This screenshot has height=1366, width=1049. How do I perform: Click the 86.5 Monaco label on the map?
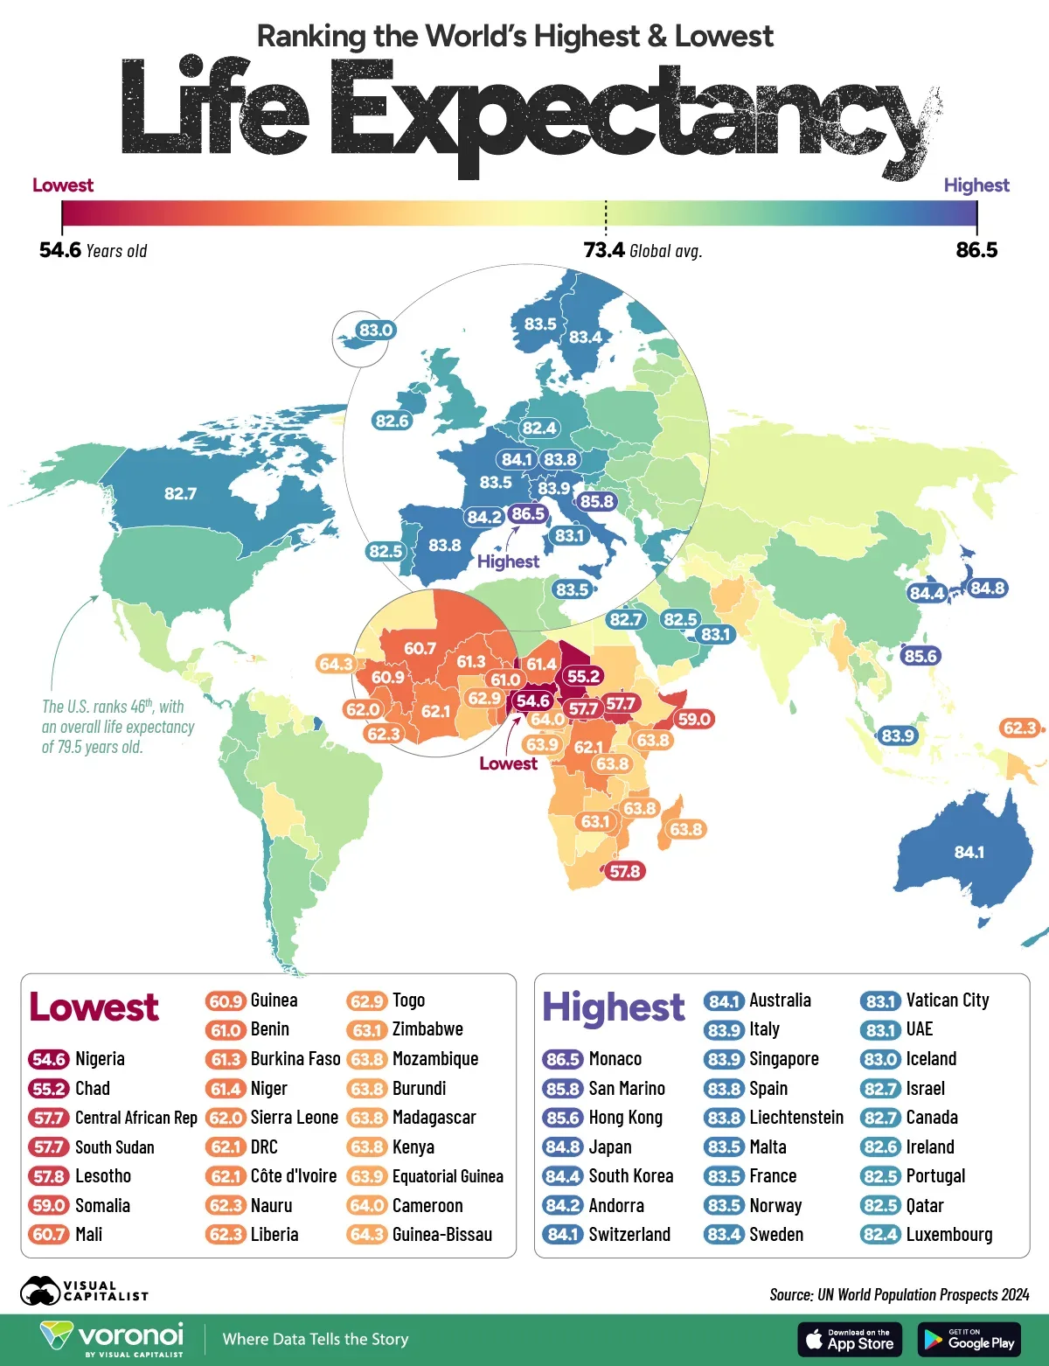(527, 514)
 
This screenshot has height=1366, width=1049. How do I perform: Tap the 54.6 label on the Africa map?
(532, 700)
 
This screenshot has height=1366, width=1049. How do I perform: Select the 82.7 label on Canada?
(180, 494)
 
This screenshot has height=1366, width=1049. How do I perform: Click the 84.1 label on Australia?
(969, 852)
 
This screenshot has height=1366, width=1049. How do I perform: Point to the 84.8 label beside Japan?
(987, 588)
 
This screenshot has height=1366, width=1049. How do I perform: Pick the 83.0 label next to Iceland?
(376, 330)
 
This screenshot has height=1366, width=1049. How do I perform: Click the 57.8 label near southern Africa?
(625, 871)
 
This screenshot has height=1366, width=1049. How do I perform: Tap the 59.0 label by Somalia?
(694, 719)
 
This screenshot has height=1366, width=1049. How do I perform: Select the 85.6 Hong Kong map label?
(920, 656)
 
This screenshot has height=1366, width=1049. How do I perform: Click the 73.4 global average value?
(604, 251)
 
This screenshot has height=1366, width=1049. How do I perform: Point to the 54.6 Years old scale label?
(93, 251)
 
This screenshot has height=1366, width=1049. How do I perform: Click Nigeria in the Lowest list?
(100, 1059)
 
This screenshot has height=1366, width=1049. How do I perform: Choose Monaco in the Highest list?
(615, 1059)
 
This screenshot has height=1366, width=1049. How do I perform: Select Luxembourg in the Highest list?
(948, 1235)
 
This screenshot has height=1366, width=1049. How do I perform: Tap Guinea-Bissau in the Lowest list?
(441, 1235)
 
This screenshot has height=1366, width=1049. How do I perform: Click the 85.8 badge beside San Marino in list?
(563, 1089)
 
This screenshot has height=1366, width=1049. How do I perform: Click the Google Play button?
(969, 1339)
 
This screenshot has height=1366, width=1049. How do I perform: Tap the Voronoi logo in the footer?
(113, 1338)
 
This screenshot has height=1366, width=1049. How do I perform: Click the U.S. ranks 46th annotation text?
(118, 727)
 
